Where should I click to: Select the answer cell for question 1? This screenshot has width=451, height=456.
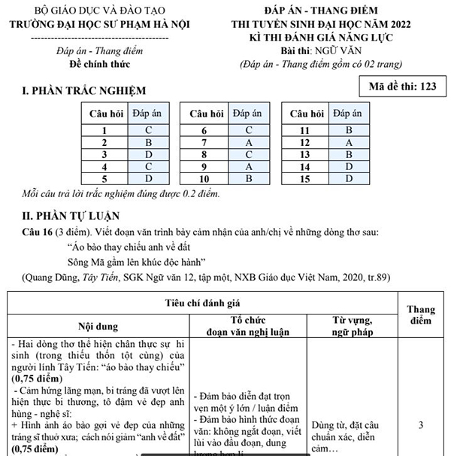pyautogui.click(x=149, y=129)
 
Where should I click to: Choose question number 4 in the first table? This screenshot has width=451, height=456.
pyautogui.click(x=104, y=166)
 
